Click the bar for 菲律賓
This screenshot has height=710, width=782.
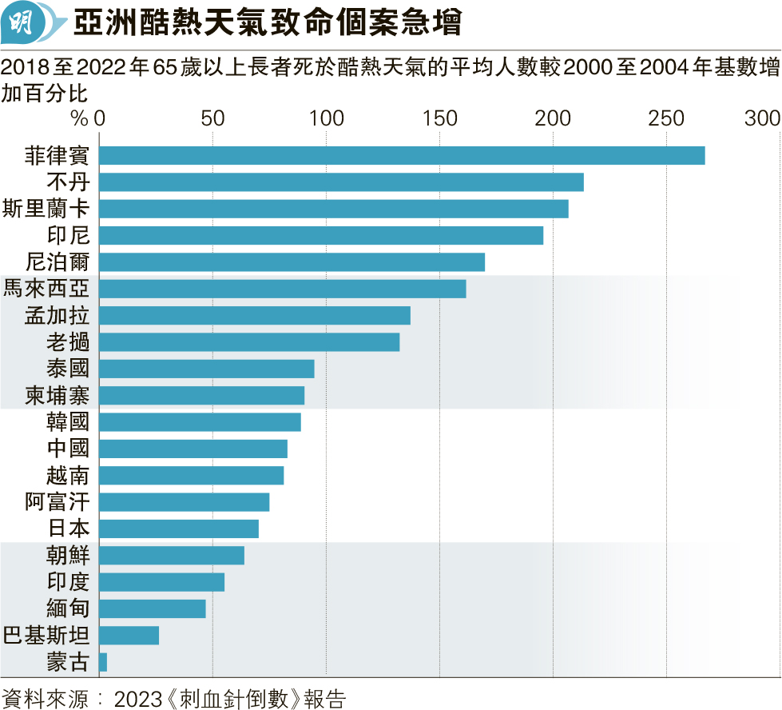click(x=401, y=155)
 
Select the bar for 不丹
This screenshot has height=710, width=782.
click(x=341, y=182)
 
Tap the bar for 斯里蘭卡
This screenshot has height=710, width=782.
click(x=333, y=209)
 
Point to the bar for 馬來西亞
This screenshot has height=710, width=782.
click(x=282, y=289)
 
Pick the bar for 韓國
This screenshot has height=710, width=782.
click(x=200, y=422)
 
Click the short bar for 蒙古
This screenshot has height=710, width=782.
click(x=103, y=662)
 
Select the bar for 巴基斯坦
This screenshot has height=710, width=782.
click(x=129, y=636)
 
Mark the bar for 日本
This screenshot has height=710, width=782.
click(x=179, y=529)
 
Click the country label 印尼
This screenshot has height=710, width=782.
click(x=69, y=235)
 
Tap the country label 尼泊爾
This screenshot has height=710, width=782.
click(x=58, y=262)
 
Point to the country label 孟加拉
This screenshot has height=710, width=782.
click(x=58, y=315)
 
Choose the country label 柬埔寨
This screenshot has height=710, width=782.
click(x=58, y=396)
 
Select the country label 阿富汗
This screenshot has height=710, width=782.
click(x=58, y=502)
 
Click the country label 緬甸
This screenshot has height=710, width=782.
click(x=69, y=608)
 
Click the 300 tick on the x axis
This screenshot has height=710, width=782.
click(x=762, y=118)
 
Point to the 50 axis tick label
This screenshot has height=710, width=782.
click(x=212, y=118)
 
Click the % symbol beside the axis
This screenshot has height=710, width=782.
click(x=79, y=118)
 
